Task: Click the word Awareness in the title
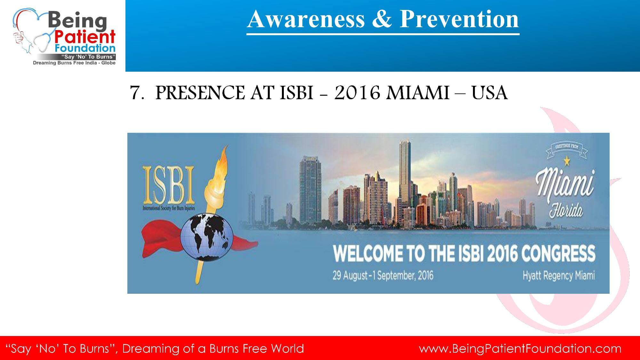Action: pos(306,19)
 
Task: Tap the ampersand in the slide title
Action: pos(382,19)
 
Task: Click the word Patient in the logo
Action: pos(84,37)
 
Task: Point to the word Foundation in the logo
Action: pos(85,48)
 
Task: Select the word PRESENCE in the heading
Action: pos(199,93)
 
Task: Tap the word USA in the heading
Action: pos(490,93)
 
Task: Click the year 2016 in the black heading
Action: pos(357,93)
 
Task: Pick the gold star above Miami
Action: pos(567,161)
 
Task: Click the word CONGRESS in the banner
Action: pos(558,253)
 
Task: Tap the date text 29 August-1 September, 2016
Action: pos(383,275)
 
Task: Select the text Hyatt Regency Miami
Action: pos(559,276)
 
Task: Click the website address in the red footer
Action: pos(520,348)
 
